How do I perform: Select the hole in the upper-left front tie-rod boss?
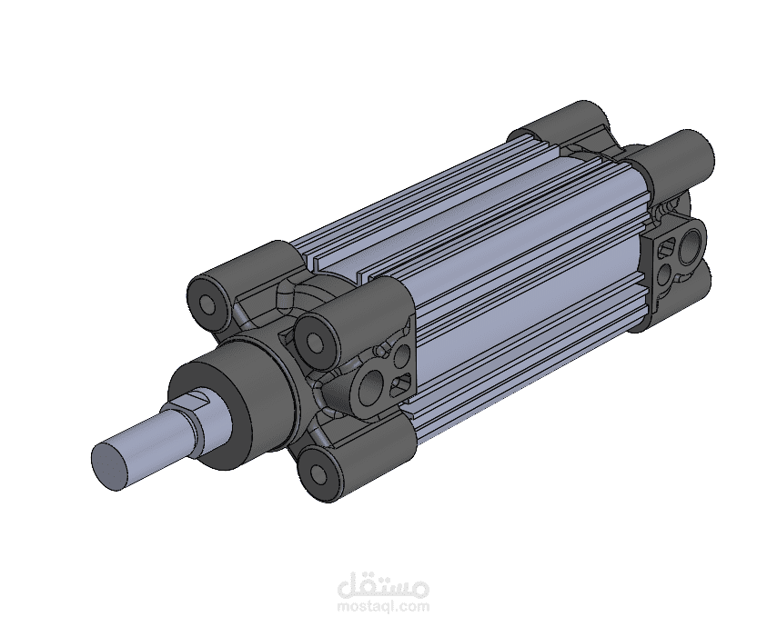pyautogui.click(x=209, y=305)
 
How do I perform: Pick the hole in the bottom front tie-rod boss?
pyautogui.click(x=318, y=473)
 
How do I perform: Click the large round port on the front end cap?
pyautogui.click(x=371, y=385)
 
